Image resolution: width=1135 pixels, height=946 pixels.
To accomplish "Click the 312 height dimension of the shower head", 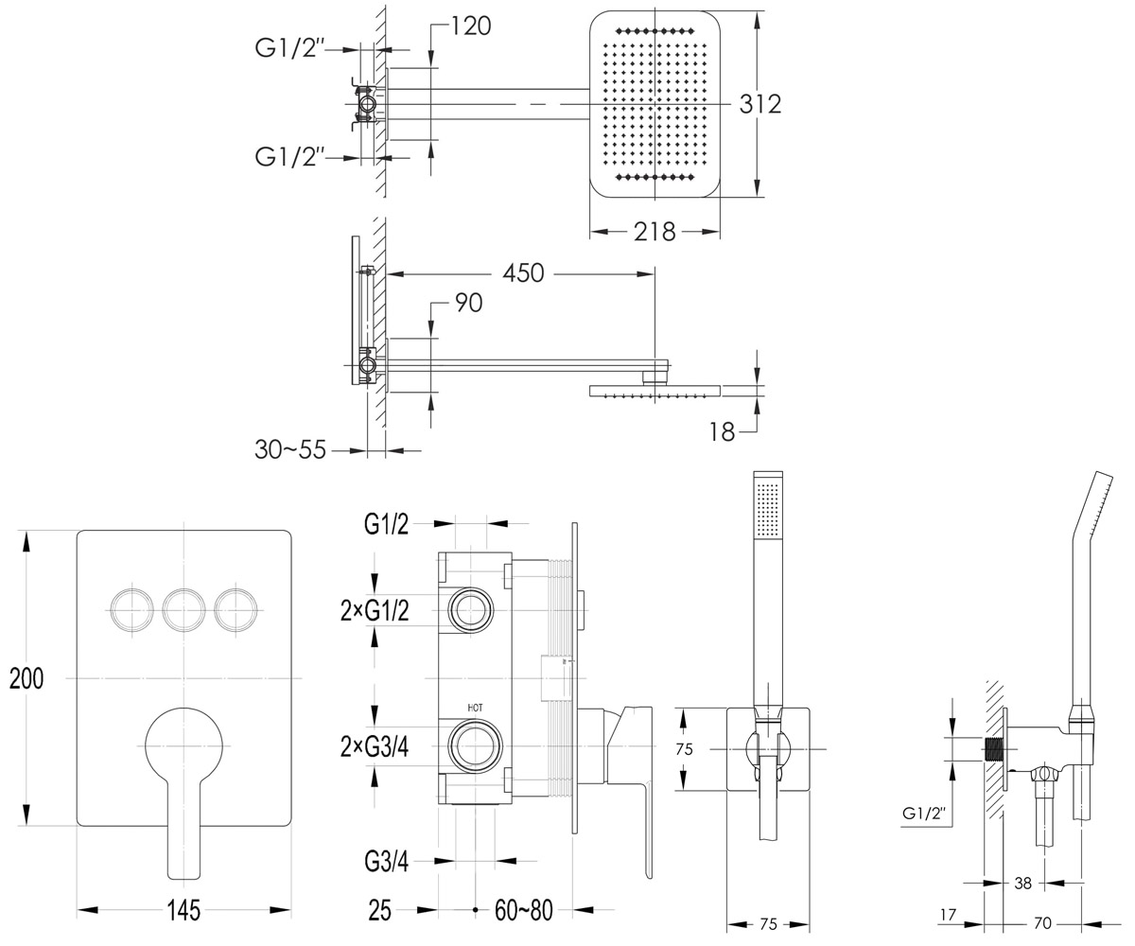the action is (x=760, y=104).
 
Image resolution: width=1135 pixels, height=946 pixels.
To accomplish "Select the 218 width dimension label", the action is (x=655, y=232).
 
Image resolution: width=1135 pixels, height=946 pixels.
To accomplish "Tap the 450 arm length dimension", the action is (x=523, y=273).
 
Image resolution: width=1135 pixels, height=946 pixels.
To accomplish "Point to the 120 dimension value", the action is (x=471, y=26).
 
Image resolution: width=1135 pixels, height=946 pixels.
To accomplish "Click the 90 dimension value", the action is (x=469, y=303).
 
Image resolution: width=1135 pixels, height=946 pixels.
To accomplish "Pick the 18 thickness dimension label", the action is (x=722, y=432).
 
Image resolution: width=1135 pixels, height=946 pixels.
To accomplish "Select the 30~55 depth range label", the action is (x=290, y=450).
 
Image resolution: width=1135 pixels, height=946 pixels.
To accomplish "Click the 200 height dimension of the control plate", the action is (x=26, y=678).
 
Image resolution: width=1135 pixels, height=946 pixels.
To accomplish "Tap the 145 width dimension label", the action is (x=183, y=910).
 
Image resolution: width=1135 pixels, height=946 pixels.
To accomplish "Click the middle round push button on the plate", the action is (x=183, y=610).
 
